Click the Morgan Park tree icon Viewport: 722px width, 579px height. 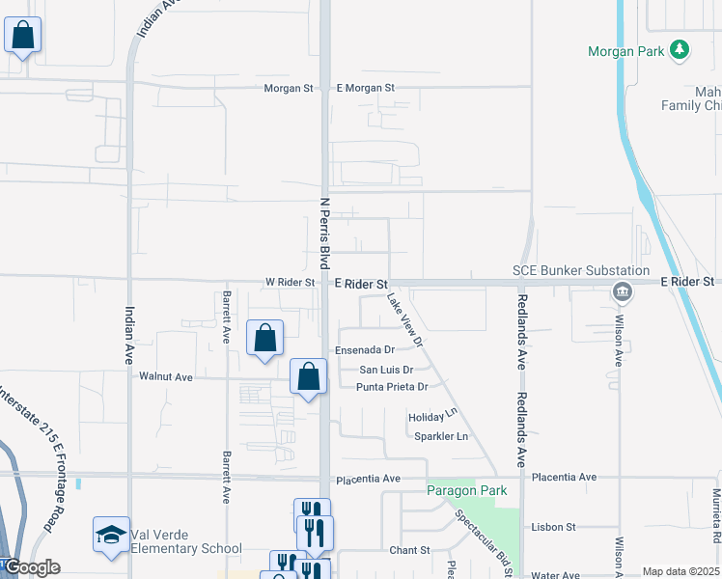[x=680, y=49]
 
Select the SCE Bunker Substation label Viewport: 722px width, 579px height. [x=580, y=271]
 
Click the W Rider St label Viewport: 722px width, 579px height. [x=291, y=283]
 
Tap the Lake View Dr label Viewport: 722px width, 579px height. [x=405, y=321]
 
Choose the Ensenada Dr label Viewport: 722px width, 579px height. [x=365, y=350]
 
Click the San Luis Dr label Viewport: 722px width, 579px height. [x=386, y=370]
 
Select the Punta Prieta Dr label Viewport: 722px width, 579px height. [x=392, y=387]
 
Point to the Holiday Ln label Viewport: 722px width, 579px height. [x=431, y=417]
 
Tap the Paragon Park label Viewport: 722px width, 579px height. [x=467, y=491]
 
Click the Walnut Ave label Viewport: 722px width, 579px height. [x=166, y=377]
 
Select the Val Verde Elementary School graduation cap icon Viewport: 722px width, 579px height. [x=111, y=534]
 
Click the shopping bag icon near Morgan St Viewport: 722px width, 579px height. [x=22, y=36]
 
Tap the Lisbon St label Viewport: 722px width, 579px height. [x=553, y=528]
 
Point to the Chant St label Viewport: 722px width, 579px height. [x=409, y=550]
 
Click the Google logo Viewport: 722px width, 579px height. [x=31, y=567]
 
